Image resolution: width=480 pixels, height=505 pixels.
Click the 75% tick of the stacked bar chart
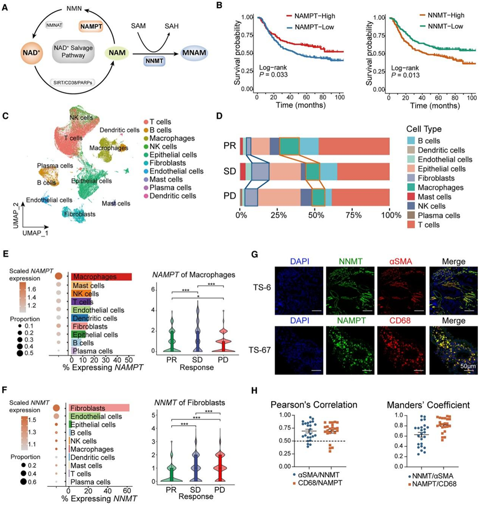coord(353,213)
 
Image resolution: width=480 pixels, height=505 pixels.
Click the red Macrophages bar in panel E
coord(100,277)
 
